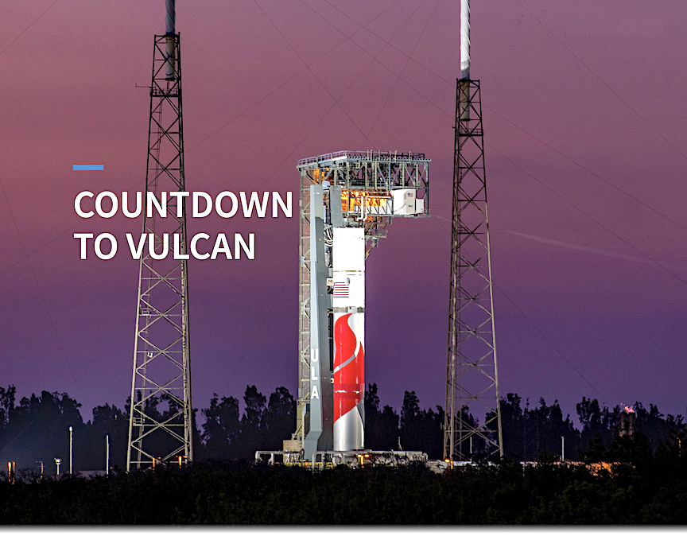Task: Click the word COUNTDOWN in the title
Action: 183,205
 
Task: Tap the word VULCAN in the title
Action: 190,247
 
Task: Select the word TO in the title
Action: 95,247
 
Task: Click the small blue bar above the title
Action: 87,167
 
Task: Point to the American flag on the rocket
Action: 341,289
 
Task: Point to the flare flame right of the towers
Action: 629,410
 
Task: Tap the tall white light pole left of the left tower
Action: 70,449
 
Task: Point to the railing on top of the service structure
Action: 363,157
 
